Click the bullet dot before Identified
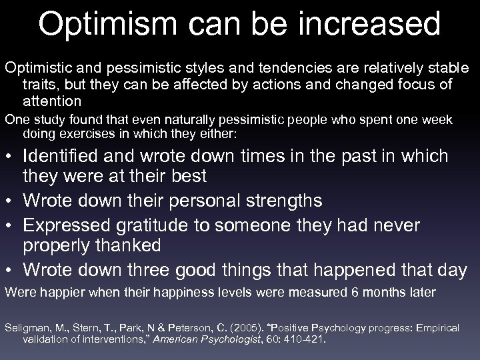pyautogui.click(x=10, y=157)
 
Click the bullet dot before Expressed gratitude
pyautogui.click(x=10, y=224)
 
